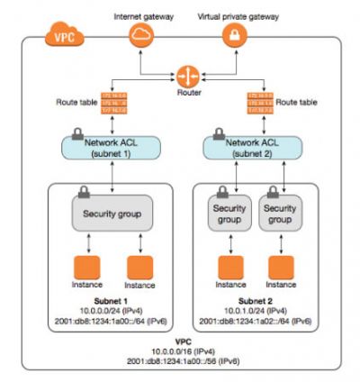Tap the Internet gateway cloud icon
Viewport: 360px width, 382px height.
pyautogui.click(x=142, y=36)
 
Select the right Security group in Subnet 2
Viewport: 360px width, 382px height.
pyautogui.click(x=281, y=213)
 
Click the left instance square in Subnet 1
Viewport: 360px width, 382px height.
pyautogui.click(x=87, y=268)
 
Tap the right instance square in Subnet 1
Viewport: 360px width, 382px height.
pyautogui.click(x=139, y=268)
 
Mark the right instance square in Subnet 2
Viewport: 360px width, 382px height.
pyautogui.click(x=281, y=268)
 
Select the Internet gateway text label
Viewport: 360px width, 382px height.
pyautogui.click(x=142, y=15)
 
